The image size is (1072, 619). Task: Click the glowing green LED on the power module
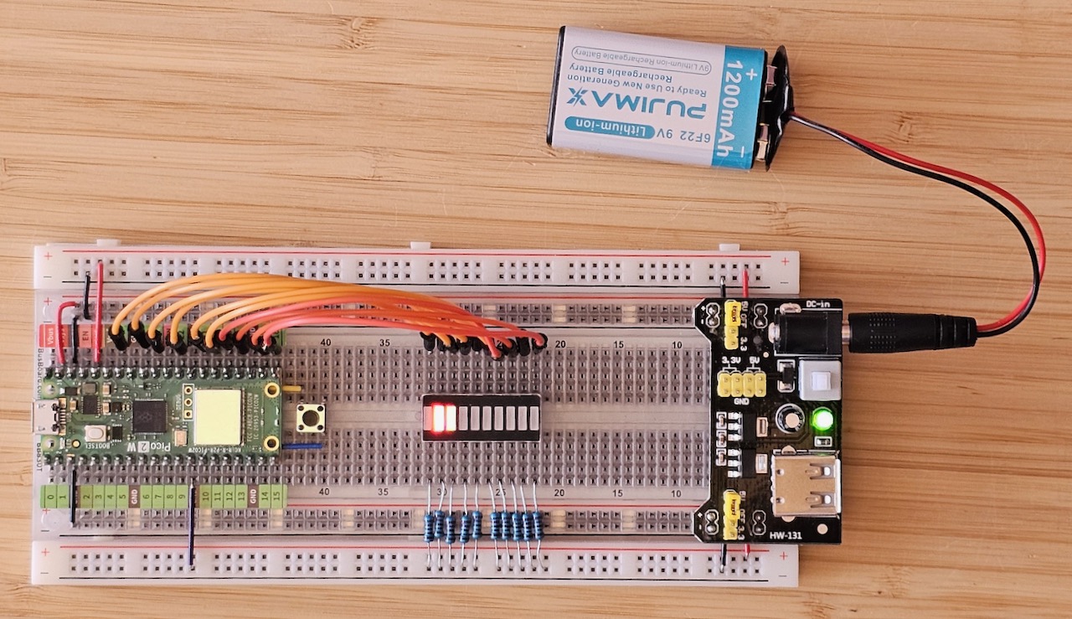pyautogui.click(x=823, y=419)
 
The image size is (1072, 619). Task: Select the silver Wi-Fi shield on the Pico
pyautogui.click(x=217, y=416)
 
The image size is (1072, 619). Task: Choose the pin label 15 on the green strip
pyautogui.click(x=265, y=498)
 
